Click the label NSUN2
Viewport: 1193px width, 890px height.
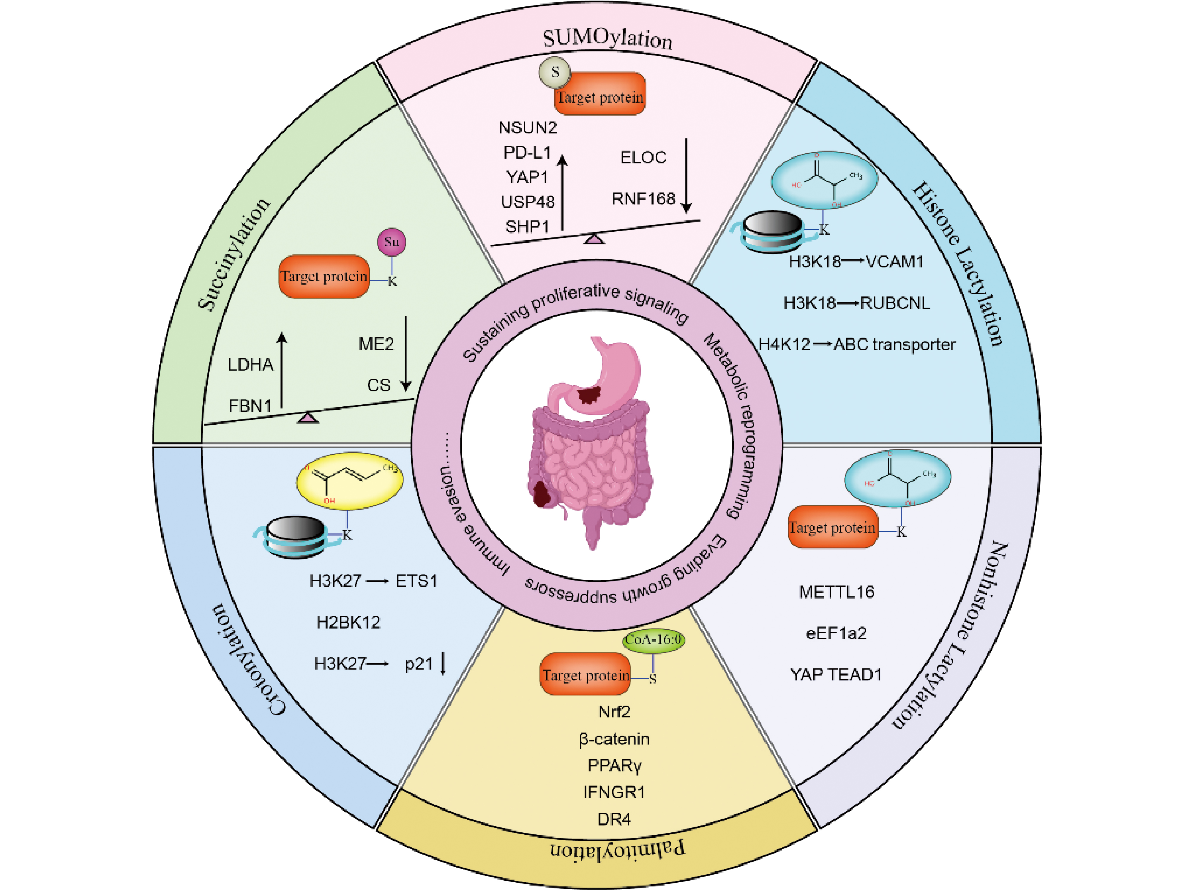click(x=527, y=128)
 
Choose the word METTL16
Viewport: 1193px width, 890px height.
click(x=837, y=592)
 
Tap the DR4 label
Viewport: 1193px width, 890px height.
click(x=614, y=819)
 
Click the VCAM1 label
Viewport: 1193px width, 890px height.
click(x=895, y=262)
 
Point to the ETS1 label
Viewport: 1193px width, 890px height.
click(x=416, y=581)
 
